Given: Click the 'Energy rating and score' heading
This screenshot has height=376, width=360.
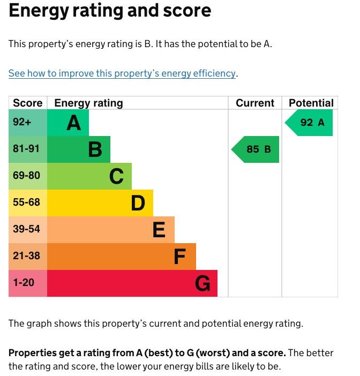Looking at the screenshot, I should coord(110,11).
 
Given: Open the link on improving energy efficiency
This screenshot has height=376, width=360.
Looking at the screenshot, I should coord(122,73).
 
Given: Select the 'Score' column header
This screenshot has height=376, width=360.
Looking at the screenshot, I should coord(27,103).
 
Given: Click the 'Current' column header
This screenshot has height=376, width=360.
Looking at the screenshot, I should coord(255,103).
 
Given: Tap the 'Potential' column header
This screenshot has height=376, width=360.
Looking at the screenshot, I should coord(311,103).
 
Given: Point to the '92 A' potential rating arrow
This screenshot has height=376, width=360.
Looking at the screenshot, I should coord(310,123).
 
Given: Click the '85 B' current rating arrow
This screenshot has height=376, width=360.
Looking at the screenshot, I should coord(256,149).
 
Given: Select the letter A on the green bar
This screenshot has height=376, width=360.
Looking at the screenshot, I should coord(74,123).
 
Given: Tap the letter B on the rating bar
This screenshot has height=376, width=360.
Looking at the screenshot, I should coord(95,149).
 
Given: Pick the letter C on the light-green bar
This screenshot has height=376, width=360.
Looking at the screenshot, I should coord(116,176).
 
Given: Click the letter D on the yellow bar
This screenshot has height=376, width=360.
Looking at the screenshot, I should coord(138,203).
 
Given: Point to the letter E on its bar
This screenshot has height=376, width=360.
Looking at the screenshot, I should coord(159,230).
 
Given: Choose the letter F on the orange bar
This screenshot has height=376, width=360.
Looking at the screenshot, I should coord(179,257).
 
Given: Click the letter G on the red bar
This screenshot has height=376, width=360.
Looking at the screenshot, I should coord(202,283).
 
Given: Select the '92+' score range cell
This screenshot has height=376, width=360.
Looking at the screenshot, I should coord(22,122).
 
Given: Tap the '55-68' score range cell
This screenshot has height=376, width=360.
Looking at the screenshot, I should coord(26,202).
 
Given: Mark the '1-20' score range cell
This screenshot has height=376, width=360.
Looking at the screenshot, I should coord(24,283).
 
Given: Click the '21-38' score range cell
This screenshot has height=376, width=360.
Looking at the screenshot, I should coord(26,256).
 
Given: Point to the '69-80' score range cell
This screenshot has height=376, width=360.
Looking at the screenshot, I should coord(26,176).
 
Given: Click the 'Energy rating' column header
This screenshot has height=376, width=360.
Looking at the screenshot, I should coord(88,103).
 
